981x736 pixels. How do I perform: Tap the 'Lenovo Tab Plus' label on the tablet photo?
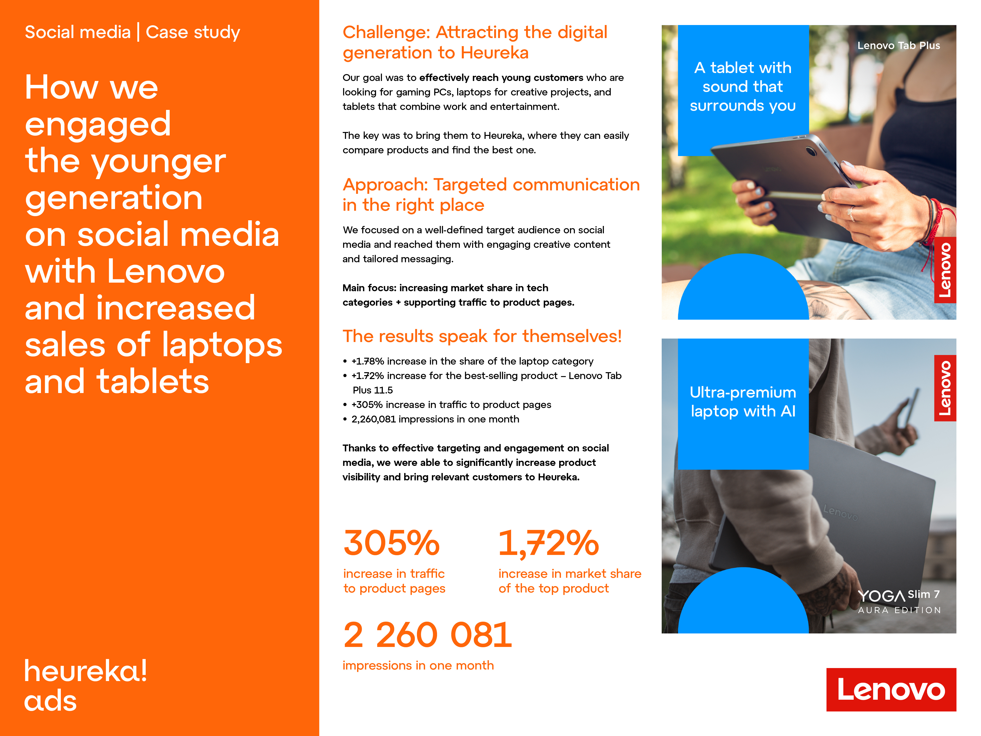click(x=899, y=45)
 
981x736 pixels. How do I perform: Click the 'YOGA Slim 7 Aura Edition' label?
click(x=899, y=602)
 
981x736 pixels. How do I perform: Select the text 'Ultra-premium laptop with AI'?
click(x=743, y=402)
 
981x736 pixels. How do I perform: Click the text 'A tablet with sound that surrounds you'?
click(x=743, y=87)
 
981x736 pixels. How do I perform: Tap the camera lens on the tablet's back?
click(x=811, y=151)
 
